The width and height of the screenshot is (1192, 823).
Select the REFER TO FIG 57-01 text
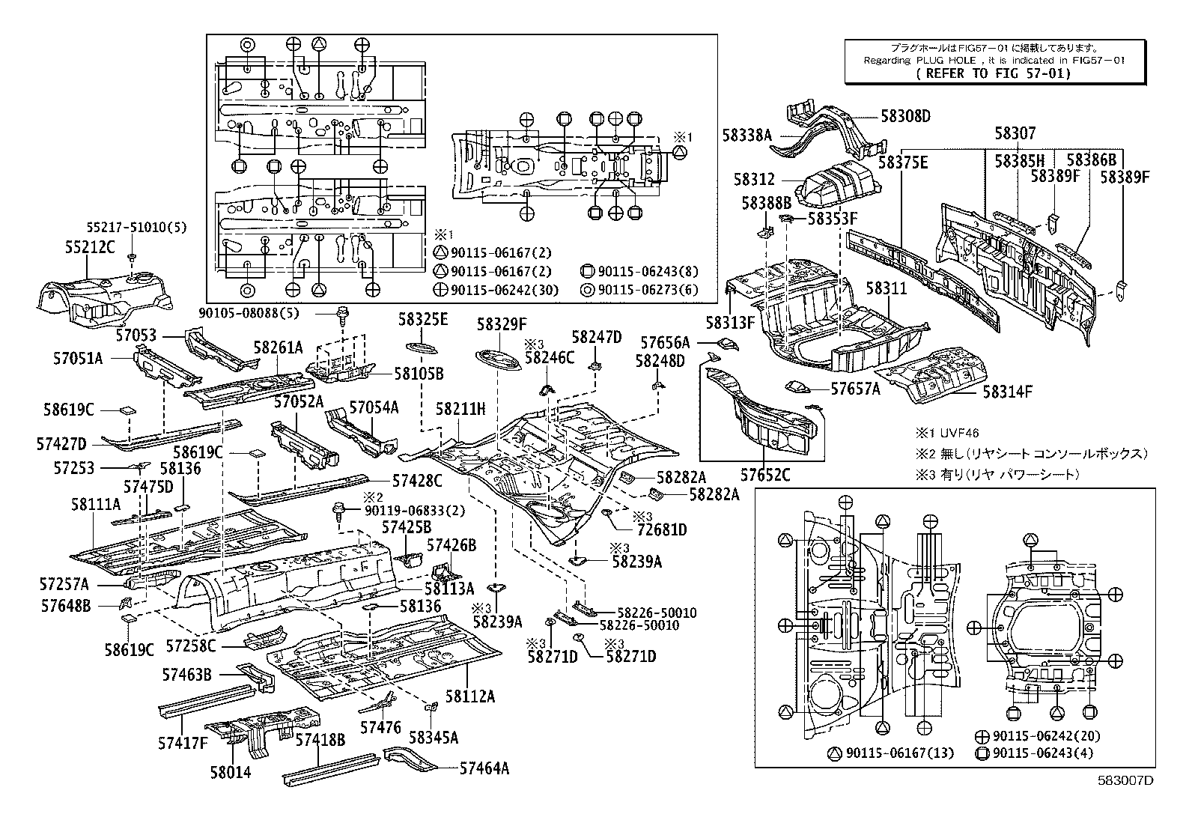pos(993,73)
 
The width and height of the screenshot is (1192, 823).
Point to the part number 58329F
pos(502,324)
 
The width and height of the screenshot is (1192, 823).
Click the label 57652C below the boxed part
pos(765,475)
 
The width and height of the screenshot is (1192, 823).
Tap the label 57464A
pos(484,767)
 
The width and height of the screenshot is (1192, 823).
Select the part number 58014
pos(230,772)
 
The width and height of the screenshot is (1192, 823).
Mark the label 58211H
pos(460,409)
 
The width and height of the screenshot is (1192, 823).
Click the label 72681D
pos(661,529)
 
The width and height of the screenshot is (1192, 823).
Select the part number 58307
pos(1015,134)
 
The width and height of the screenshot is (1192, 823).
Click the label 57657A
pos(855,389)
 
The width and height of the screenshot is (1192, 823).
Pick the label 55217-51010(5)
pos(134,225)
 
